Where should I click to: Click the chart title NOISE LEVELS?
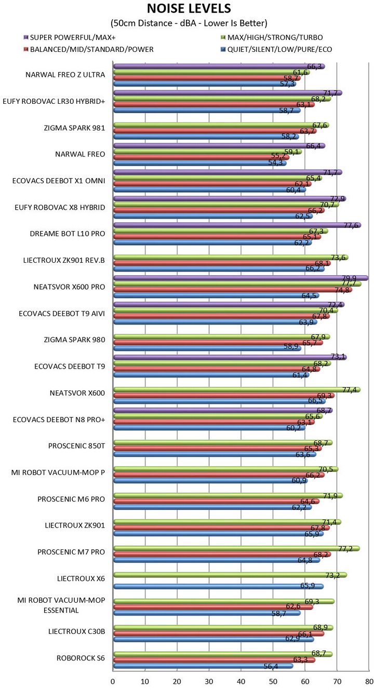pos(189,9)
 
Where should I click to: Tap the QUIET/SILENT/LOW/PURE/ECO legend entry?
pos(275,49)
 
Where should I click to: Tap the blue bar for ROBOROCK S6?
pos(203,666)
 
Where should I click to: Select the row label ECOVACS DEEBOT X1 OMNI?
pos(59,181)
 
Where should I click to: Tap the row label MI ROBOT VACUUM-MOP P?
pos(58,472)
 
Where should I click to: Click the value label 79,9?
pos(359,277)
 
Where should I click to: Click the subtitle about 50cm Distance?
pos(189,23)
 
